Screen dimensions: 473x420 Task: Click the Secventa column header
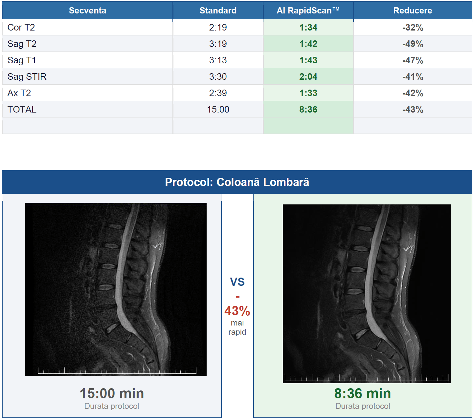pos(88,10)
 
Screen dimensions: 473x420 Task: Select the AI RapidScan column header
pos(308,10)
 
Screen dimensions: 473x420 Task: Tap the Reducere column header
pos(413,10)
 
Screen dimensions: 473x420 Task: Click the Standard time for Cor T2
pos(218,28)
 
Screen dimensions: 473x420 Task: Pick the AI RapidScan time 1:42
pos(308,44)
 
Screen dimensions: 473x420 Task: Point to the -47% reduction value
pos(413,60)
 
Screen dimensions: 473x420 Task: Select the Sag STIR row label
pos(27,77)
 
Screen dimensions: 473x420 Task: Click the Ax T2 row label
pos(19,93)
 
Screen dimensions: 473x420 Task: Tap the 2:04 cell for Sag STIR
pos(308,77)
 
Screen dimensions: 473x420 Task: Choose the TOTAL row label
pos(22,109)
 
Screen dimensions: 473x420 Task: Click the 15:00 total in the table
pos(218,109)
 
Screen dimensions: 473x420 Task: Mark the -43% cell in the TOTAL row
pos(413,110)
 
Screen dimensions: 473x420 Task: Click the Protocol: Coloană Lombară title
pos(237,182)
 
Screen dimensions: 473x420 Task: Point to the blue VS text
pos(237,282)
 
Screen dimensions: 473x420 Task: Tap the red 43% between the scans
pos(237,311)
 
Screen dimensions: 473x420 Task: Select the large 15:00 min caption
pos(112,393)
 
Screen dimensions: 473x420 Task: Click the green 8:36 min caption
pos(362,393)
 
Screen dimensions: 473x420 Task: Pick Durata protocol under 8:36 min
pos(363,406)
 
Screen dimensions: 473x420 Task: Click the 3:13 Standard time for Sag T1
pos(218,60)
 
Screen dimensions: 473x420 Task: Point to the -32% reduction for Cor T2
pos(413,28)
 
